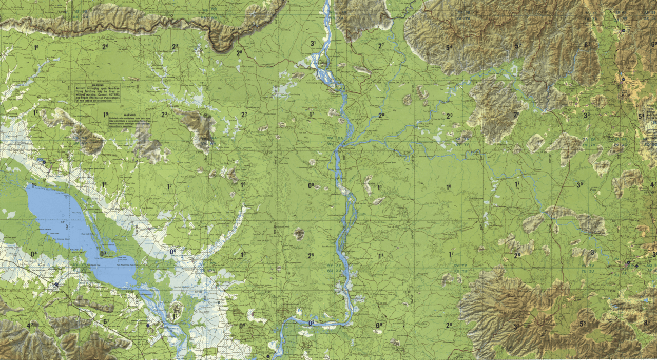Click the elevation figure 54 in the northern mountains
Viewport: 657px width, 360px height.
(449, 48)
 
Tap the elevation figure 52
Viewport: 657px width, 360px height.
(518, 46)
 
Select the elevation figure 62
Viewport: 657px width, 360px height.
(587, 45)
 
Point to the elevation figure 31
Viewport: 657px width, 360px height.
(313, 43)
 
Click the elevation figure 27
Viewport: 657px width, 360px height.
(381, 46)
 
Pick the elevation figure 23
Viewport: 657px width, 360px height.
(164, 115)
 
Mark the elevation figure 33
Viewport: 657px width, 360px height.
(586, 116)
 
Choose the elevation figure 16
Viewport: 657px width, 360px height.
(104, 184)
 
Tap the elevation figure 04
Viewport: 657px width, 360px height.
(33, 254)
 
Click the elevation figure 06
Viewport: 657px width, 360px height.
(172, 251)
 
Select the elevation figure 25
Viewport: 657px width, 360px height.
(311, 256)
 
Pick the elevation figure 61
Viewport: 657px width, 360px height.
(105, 321)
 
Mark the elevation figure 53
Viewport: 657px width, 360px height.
(583, 324)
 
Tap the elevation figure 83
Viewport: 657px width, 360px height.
(646, 323)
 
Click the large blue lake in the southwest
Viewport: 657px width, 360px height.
(72, 226)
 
